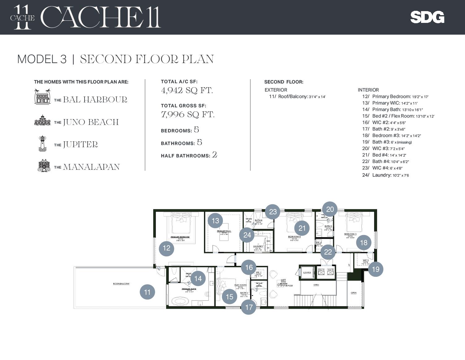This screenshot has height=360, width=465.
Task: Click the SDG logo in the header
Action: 427,17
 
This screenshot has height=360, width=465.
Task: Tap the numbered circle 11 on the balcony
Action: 147,292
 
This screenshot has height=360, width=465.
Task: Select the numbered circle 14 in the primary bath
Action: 198,278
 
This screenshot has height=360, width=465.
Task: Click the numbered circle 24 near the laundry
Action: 247,235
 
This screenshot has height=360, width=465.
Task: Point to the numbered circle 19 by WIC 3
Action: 376,269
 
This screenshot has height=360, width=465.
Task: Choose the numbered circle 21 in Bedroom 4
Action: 302,228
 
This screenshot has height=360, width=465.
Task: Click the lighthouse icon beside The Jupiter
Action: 42,144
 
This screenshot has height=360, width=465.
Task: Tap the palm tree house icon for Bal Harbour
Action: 42,97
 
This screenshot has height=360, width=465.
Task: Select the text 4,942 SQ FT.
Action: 187,91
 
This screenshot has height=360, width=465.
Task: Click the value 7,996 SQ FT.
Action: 188,115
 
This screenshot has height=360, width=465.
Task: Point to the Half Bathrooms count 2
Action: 215,155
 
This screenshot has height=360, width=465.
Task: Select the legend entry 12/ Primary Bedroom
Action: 395,96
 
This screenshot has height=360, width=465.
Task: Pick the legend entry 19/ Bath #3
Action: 387,142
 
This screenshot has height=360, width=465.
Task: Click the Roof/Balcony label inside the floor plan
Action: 121,284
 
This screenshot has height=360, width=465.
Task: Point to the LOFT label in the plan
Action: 283,280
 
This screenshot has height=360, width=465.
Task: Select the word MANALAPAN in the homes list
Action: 91,167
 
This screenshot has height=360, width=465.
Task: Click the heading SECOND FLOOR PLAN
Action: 147,59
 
